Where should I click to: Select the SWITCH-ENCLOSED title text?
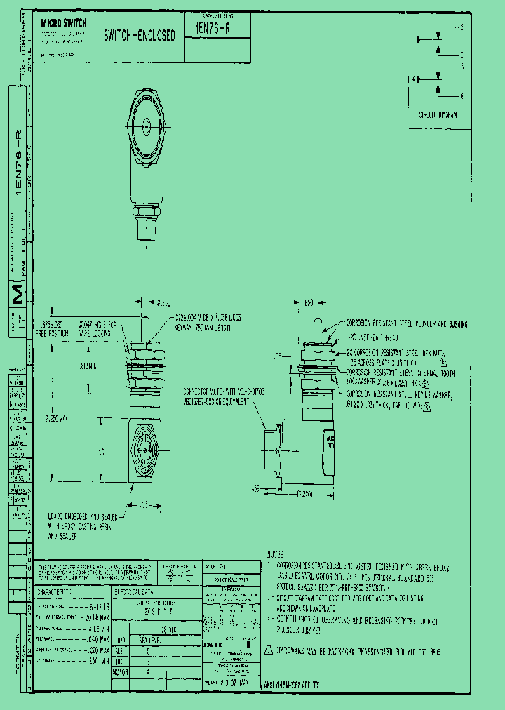(x=139, y=36)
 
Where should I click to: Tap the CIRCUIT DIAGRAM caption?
(x=438, y=114)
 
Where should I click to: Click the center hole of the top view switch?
(x=147, y=127)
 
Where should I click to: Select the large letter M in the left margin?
(x=20, y=295)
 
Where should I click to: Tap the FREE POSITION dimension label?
(x=54, y=334)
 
